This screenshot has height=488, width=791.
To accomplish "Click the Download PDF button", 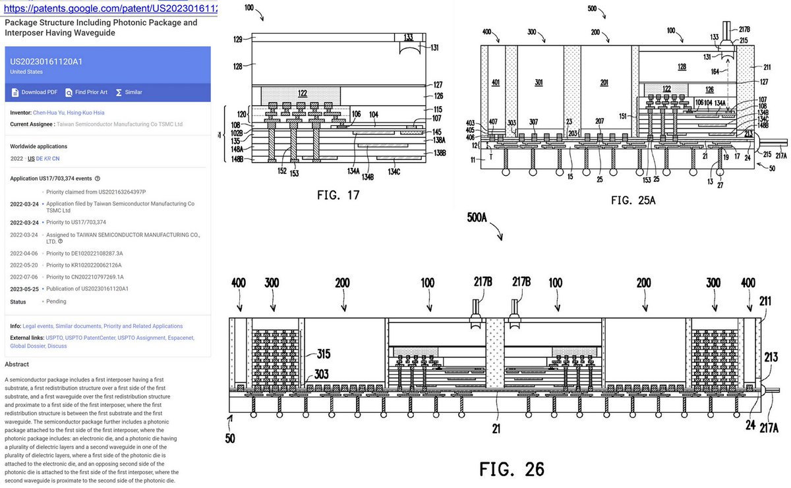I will (34, 92).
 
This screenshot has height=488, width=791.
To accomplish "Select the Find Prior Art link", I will (86, 92).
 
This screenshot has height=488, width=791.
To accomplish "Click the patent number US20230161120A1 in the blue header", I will (45, 61).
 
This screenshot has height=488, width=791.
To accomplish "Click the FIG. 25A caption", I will (633, 200).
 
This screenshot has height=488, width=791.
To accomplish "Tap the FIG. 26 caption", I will (512, 469).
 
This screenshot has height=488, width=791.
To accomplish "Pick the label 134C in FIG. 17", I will (394, 172).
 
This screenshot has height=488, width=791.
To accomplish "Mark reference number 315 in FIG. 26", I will (323, 354).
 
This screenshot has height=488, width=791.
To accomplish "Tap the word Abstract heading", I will (17, 364).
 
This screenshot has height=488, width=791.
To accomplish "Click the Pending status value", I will (57, 302).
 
